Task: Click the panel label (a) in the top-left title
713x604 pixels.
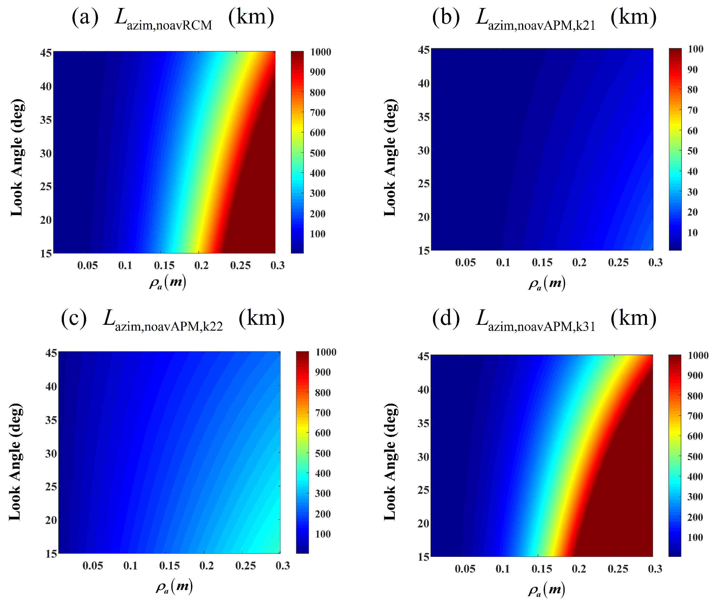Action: (x=85, y=17)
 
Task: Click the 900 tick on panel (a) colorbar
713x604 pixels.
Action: (x=318, y=72)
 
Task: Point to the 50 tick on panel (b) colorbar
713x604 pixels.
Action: (x=692, y=151)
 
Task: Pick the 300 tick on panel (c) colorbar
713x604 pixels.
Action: (x=323, y=493)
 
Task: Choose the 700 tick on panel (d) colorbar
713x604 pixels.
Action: (x=695, y=416)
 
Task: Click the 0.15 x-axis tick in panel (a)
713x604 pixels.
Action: (x=164, y=265)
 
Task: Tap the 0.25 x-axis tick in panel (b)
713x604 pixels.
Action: (x=618, y=263)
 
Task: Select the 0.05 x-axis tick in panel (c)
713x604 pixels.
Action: (x=92, y=566)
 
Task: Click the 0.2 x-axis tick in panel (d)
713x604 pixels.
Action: (x=579, y=569)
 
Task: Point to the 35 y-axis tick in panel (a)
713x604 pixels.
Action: (x=46, y=120)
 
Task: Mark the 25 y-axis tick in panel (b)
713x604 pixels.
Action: (x=424, y=183)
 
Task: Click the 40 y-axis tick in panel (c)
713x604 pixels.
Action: (x=51, y=386)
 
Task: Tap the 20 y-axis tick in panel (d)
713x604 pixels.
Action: (x=423, y=523)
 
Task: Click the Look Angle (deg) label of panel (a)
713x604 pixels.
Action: (x=16, y=158)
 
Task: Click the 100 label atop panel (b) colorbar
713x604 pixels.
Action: (x=695, y=49)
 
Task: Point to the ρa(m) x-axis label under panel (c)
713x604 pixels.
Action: (x=174, y=587)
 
